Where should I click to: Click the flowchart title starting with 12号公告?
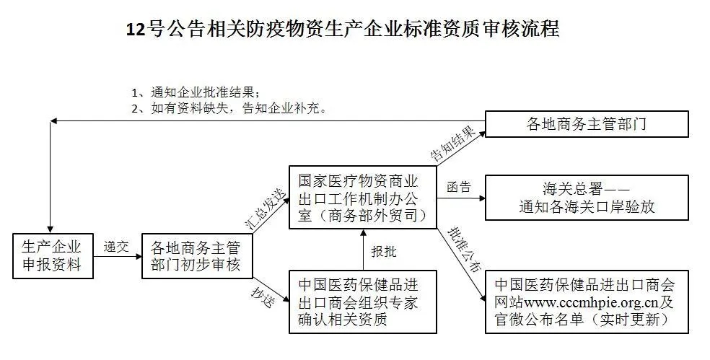click(343, 29)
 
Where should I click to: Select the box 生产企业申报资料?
click(53, 256)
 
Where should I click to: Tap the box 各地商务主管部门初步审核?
click(197, 256)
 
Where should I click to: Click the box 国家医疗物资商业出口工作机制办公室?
click(363, 197)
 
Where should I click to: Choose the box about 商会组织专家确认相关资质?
click(363, 302)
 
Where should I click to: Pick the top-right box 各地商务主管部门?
click(587, 123)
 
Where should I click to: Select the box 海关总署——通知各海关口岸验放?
click(587, 198)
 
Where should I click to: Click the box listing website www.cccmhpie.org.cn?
click(587, 302)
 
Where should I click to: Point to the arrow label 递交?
click(116, 246)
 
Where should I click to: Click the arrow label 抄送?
click(263, 297)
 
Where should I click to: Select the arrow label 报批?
click(384, 251)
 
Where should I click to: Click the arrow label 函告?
click(459, 187)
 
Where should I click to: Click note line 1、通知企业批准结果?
click(196, 93)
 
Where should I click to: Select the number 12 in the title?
click(136, 30)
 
